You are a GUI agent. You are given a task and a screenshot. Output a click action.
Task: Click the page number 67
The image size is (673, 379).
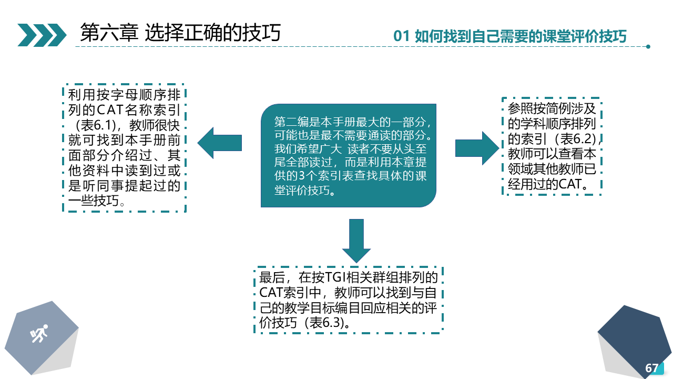coord(651,368)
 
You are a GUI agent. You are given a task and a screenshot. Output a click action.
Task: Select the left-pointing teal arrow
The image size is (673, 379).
coord(220,143)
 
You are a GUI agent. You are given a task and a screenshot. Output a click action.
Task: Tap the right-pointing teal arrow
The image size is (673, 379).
coord(477,148)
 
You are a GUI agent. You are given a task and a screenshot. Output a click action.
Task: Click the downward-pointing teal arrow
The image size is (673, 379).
coord(356,241)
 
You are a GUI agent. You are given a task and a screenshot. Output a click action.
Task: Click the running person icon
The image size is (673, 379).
coord(39,333)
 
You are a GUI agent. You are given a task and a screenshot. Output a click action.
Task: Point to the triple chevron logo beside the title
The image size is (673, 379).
coord(42,35)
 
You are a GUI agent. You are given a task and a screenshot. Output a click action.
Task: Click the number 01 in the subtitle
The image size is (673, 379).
coord(401,36)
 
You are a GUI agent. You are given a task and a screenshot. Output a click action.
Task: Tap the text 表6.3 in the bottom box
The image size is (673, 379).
coord(325,323)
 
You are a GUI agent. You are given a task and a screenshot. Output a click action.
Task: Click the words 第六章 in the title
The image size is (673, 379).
coord(109,33)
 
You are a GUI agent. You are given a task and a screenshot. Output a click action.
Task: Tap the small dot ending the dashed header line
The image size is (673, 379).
coord(648,47)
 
